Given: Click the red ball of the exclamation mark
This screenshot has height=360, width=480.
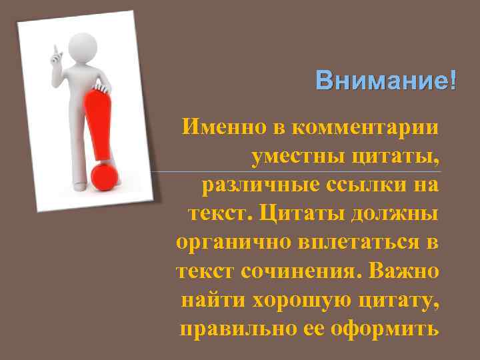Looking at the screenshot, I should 104,175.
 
